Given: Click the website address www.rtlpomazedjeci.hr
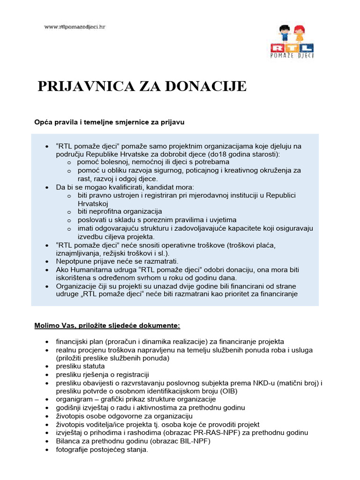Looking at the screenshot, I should [75, 27].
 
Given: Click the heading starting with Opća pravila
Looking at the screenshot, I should [109, 122].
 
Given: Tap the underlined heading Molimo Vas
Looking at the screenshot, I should [107, 325].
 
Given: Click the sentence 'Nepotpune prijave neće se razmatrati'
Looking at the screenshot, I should [117, 261].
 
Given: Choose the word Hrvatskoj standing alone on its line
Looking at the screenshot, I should [93, 203].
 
